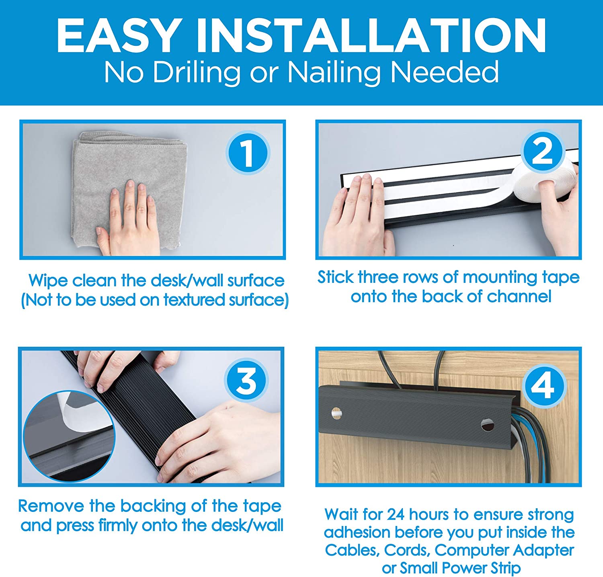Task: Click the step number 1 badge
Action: point(247,153)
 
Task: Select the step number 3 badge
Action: point(246,381)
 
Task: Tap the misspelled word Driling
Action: point(197,73)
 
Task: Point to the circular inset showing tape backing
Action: point(70,436)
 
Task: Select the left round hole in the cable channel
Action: point(336,413)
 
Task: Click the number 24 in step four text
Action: point(396,514)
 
